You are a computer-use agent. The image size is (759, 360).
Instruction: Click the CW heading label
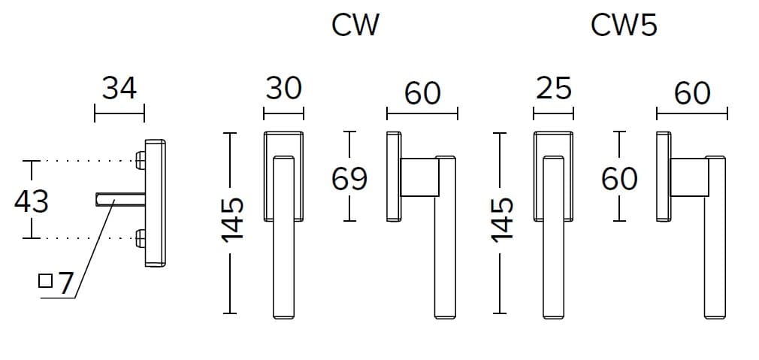(x=355, y=25)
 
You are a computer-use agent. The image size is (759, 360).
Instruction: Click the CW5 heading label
(x=624, y=25)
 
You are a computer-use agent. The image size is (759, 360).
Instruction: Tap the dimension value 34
(x=119, y=89)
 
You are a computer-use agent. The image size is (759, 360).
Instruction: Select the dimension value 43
(x=32, y=201)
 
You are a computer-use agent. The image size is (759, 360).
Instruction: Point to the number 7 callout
(x=65, y=283)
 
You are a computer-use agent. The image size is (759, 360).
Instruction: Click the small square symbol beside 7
(x=45, y=281)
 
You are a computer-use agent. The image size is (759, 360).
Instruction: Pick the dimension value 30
(x=283, y=89)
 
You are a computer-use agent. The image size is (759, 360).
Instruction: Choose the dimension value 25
(x=554, y=89)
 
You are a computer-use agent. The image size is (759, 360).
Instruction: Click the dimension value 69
(x=349, y=180)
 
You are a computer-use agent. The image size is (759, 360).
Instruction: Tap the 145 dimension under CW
(x=233, y=220)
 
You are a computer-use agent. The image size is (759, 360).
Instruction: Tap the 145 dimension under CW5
(x=502, y=220)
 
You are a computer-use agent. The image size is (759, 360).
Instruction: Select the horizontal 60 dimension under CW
(x=422, y=93)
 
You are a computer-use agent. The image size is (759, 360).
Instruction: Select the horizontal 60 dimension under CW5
(x=692, y=93)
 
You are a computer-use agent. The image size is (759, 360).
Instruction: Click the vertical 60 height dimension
(x=619, y=180)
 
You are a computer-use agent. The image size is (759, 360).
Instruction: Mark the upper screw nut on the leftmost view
(x=141, y=160)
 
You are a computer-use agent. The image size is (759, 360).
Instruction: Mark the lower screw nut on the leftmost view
(x=141, y=238)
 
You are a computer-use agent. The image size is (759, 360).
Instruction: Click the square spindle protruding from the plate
(x=120, y=199)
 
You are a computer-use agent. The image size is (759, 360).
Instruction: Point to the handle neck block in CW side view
(x=419, y=177)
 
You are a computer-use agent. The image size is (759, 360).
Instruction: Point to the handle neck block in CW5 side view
(x=689, y=177)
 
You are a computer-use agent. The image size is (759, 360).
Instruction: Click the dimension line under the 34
(x=119, y=116)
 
